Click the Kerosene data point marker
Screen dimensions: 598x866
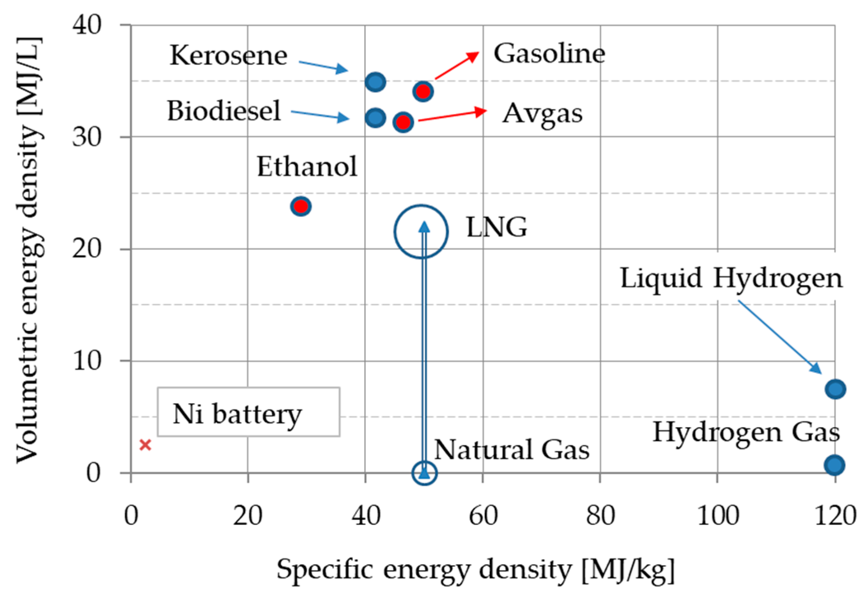[375, 82]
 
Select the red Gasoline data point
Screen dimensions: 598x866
[423, 91]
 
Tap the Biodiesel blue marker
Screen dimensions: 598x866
[375, 118]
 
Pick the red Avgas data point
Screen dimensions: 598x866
[403, 122]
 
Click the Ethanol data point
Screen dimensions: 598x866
[301, 206]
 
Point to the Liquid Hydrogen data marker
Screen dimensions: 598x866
[835, 389]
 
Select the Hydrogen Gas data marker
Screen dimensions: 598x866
[834, 465]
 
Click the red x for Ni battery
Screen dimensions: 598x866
[145, 445]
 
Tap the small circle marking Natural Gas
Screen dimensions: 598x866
[425, 473]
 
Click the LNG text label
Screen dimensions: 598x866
[496, 227]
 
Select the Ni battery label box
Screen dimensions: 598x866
[248, 412]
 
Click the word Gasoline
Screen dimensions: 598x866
[549, 53]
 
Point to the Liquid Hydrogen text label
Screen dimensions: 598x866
[731, 278]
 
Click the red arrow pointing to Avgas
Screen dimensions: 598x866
[452, 115]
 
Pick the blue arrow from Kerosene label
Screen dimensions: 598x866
[323, 66]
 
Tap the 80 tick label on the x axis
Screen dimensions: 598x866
[600, 515]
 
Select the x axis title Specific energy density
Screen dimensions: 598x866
[475, 570]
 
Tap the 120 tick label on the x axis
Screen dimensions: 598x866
[835, 515]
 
